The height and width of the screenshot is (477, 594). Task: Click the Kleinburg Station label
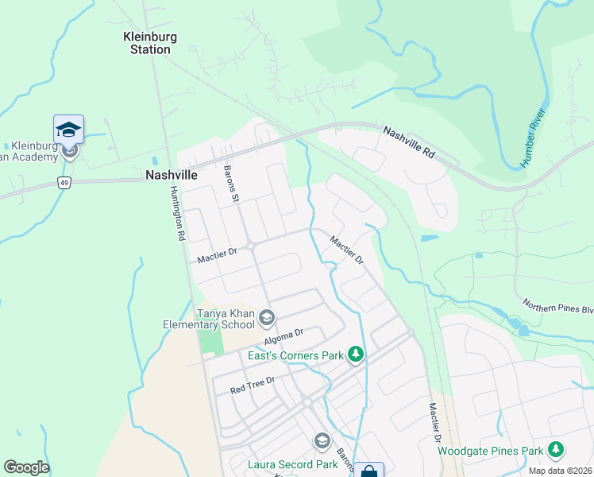coord(150,43)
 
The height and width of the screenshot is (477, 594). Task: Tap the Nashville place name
coord(171,175)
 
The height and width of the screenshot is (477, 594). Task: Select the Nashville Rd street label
coord(409,141)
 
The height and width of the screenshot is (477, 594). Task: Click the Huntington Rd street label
coord(177,213)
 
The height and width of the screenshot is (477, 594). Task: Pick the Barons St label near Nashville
coord(232,184)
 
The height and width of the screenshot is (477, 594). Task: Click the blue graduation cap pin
coord(69,130)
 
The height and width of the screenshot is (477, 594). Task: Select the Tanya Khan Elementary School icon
coord(266,319)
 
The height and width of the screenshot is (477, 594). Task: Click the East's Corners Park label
coord(297,355)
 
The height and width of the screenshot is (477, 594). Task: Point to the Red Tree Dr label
coord(252,385)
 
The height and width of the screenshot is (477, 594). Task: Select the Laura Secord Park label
coord(282,464)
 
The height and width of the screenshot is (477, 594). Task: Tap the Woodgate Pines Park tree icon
coord(556,450)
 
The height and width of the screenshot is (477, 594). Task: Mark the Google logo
coord(26,467)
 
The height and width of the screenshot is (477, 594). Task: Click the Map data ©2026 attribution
coord(560,471)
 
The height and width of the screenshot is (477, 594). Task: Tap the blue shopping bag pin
coord(368,471)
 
